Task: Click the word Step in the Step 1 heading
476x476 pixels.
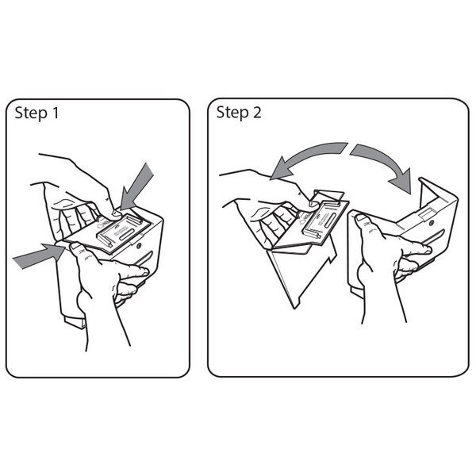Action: (31, 113)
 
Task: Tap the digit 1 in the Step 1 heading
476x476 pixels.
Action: (56, 113)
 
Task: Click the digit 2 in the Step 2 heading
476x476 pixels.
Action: (256, 112)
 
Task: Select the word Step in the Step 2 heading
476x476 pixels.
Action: (232, 113)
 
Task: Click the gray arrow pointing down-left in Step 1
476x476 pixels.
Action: (137, 186)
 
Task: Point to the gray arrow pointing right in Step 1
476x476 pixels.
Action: (39, 256)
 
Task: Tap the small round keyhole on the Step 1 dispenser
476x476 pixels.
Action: (139, 246)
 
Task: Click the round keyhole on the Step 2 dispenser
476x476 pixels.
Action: (432, 224)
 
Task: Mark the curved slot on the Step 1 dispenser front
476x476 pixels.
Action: (144, 259)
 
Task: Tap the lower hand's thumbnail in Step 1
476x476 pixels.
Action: (75, 247)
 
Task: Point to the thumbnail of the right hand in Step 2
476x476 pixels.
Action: (362, 217)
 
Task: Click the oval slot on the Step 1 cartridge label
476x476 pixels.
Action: (129, 232)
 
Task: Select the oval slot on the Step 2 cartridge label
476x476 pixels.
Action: (326, 221)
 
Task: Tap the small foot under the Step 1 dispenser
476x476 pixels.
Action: (75, 322)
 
